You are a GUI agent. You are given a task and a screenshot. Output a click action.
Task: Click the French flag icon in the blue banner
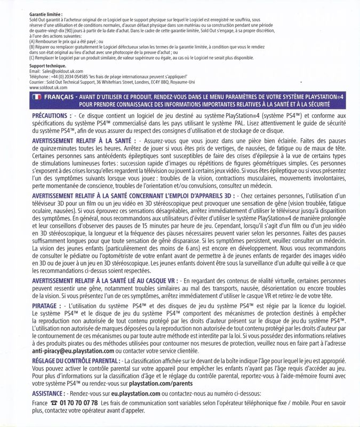coord(37,97)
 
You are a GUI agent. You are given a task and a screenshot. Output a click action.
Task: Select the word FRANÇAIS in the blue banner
coord(59,97)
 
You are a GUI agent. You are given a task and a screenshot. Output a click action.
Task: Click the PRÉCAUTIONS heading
coord(52,115)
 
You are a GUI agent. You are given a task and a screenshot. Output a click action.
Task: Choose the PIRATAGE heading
coord(48,304)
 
